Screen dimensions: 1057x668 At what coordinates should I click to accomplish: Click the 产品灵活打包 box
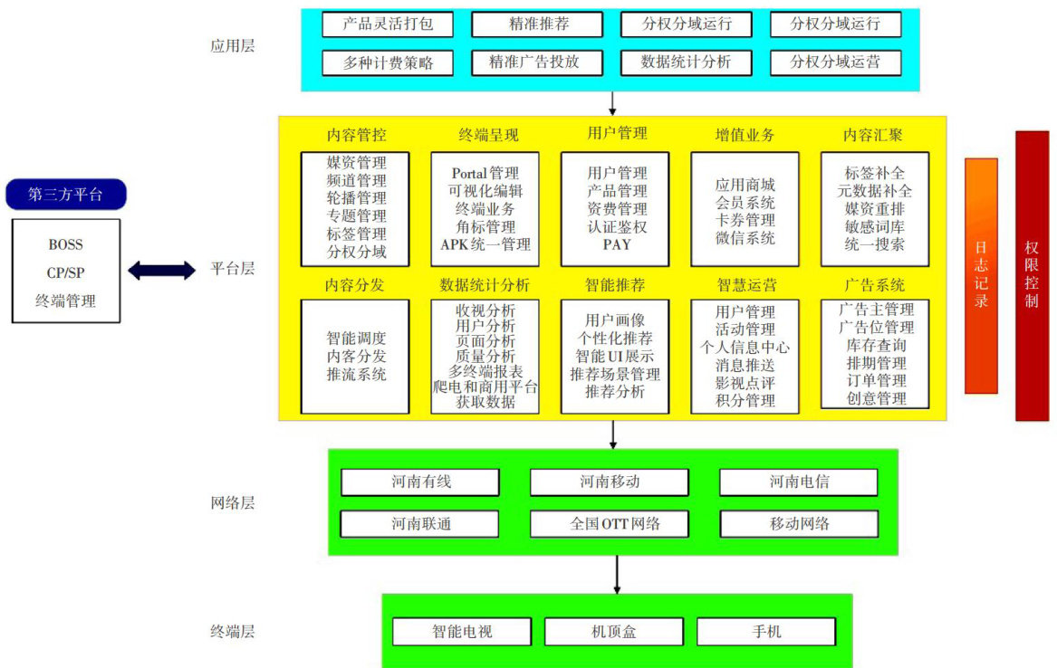[x=388, y=24]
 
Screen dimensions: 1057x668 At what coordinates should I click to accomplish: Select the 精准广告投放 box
[x=538, y=62]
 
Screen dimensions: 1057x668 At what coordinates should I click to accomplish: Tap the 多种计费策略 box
[x=388, y=62]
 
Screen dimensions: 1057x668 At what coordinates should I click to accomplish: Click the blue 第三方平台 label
[x=65, y=195]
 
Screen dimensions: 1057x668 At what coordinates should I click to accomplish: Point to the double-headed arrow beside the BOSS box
[x=161, y=270]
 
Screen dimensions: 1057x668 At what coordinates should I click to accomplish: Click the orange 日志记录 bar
[x=981, y=276]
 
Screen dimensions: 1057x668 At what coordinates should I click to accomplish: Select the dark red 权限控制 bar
[x=1032, y=275]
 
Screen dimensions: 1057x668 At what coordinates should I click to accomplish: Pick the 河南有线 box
[x=420, y=482]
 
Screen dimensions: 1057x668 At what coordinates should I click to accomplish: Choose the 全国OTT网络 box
[x=609, y=524]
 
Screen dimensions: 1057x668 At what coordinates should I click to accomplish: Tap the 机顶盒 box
[x=613, y=632]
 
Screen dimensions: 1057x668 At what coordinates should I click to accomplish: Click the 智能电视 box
[x=462, y=632]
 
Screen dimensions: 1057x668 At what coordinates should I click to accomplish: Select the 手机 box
[x=765, y=632]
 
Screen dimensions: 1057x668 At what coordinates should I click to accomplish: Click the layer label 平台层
[x=233, y=269]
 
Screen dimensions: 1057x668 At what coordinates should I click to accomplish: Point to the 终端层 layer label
[x=233, y=631]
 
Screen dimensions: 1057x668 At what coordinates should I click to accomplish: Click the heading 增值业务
[x=745, y=136]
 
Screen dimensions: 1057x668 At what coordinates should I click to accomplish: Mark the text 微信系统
[x=745, y=238]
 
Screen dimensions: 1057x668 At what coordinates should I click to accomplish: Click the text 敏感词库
[x=874, y=226]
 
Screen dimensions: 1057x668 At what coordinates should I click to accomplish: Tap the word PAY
[x=616, y=244]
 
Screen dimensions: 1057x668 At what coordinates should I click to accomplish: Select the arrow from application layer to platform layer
[x=613, y=103]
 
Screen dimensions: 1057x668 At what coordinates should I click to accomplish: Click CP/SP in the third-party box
[x=65, y=272]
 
